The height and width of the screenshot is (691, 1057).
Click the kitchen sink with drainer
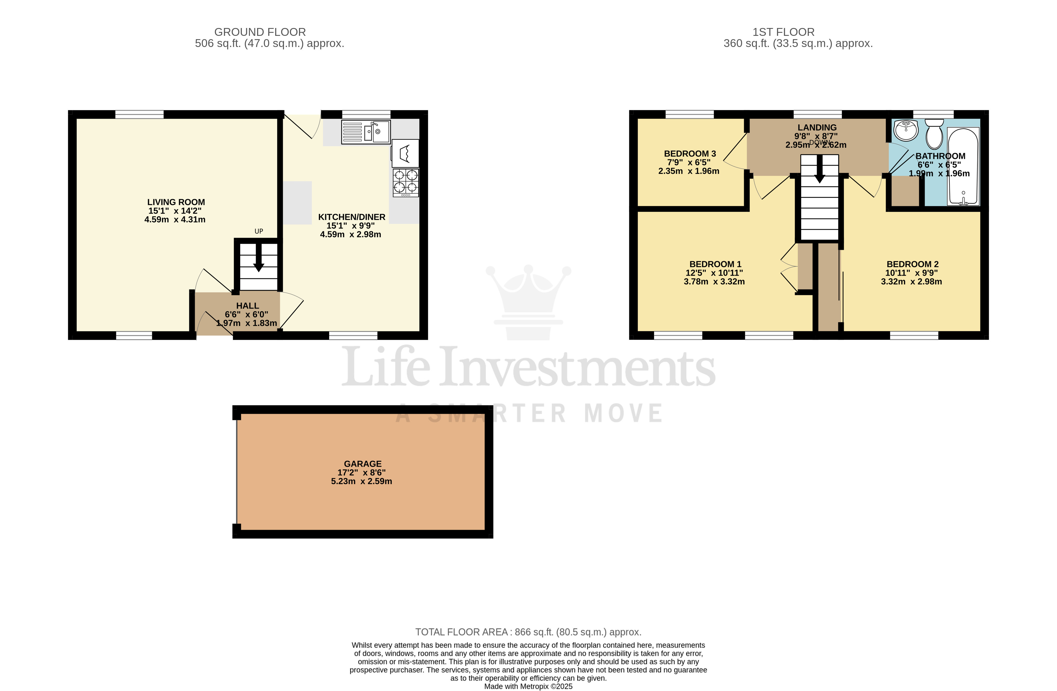(x=366, y=132)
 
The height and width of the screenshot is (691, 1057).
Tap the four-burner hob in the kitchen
(x=405, y=183)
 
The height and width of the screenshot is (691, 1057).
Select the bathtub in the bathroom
(x=963, y=167)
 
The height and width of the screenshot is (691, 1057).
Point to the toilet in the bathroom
(x=934, y=133)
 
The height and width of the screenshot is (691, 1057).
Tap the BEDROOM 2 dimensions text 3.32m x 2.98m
(x=911, y=281)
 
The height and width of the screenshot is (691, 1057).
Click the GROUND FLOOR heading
(x=260, y=32)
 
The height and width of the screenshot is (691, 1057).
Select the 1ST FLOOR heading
(x=783, y=32)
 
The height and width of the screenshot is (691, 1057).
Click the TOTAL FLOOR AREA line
(x=528, y=632)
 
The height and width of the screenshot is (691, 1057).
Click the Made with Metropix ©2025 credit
(x=528, y=686)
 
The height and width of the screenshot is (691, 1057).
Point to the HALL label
(x=247, y=306)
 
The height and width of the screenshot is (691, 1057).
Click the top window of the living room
(x=140, y=114)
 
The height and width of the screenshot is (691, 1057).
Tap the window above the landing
(x=817, y=114)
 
